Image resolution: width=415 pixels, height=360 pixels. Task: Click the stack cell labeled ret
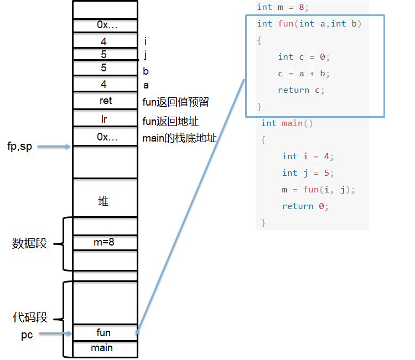click(x=105, y=100)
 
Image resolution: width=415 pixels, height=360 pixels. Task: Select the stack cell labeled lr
click(x=105, y=118)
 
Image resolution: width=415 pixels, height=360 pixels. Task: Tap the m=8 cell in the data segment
click(x=105, y=242)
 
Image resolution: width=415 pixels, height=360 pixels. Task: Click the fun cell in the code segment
click(x=105, y=332)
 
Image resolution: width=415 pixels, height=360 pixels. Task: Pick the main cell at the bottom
click(x=105, y=349)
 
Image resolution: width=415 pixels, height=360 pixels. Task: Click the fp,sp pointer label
click(x=19, y=147)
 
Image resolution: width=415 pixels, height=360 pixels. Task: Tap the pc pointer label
click(x=27, y=335)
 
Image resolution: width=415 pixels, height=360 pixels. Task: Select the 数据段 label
click(x=29, y=243)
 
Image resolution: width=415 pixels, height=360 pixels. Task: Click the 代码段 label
click(x=30, y=317)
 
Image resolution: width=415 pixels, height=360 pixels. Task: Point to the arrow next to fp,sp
click(x=54, y=147)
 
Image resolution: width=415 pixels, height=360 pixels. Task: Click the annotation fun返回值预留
click(x=176, y=102)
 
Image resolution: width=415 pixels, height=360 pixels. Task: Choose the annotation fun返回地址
click(x=170, y=122)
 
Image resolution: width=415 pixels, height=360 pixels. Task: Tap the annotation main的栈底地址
click(x=179, y=138)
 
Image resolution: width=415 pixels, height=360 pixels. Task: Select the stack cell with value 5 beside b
click(x=105, y=68)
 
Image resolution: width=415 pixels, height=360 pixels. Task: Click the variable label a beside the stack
click(x=146, y=86)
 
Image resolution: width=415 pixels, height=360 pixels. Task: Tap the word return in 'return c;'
click(x=293, y=90)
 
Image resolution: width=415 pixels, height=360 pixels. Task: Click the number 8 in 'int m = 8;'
click(x=302, y=7)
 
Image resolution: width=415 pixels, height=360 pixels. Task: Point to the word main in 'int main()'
click(x=292, y=123)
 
